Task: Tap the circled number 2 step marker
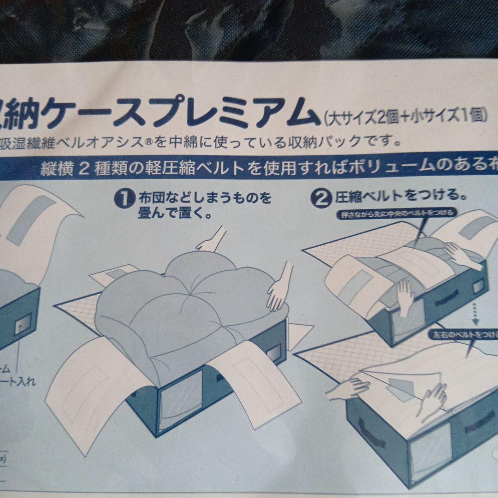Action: tap(322, 198)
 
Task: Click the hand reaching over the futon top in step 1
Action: tap(210, 240)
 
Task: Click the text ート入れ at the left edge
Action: tap(18, 382)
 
